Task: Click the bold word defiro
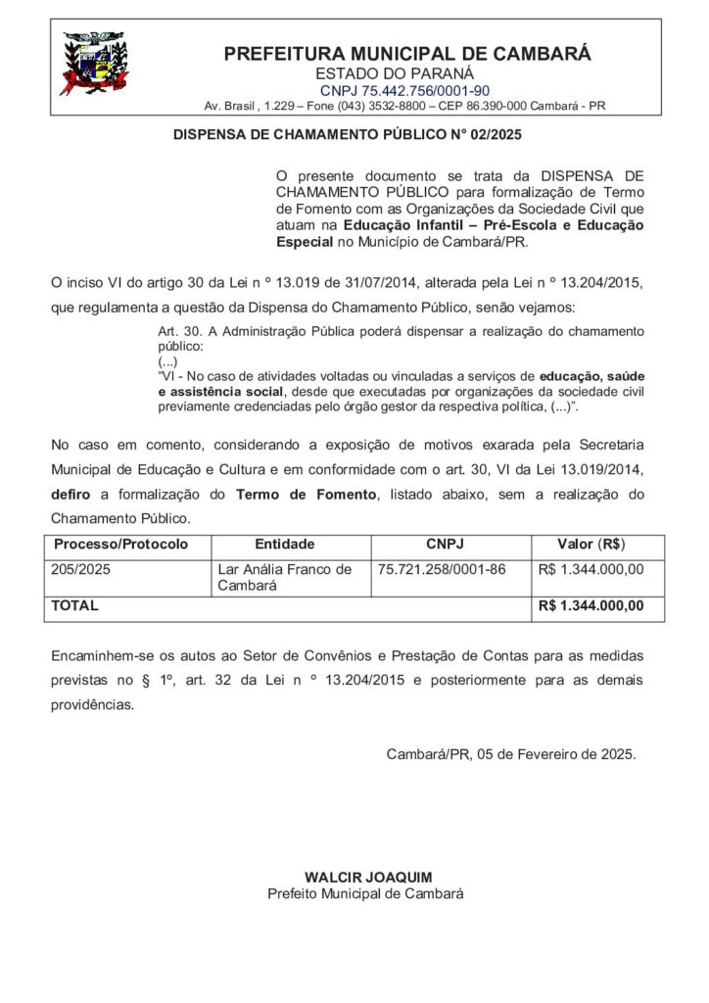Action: pyautogui.click(x=70, y=496)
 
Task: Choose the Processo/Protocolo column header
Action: pyautogui.click(x=119, y=544)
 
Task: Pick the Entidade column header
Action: pyautogui.click(x=284, y=544)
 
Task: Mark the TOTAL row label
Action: pyautogui.click(x=74, y=606)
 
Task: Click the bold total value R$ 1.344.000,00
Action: pyautogui.click(x=591, y=606)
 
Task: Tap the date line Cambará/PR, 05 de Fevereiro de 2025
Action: pyautogui.click(x=511, y=755)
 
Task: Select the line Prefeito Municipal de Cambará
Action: pyautogui.click(x=366, y=893)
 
